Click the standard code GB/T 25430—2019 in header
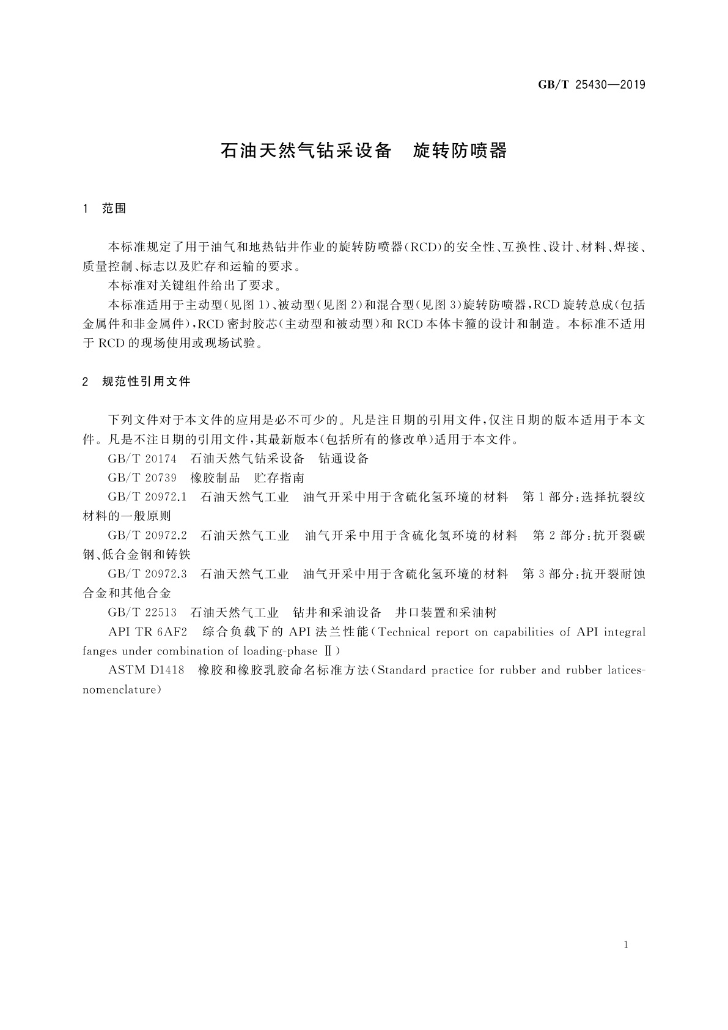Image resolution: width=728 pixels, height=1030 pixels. click(591, 85)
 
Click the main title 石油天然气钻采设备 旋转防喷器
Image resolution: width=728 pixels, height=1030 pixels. click(364, 150)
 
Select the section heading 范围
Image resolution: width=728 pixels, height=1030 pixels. click(114, 209)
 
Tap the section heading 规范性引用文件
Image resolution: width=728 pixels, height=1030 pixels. click(147, 382)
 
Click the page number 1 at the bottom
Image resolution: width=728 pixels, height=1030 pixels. click(627, 945)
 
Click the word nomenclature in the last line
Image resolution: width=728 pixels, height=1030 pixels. click(122, 690)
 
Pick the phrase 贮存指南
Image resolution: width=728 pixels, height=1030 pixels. click(279, 478)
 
